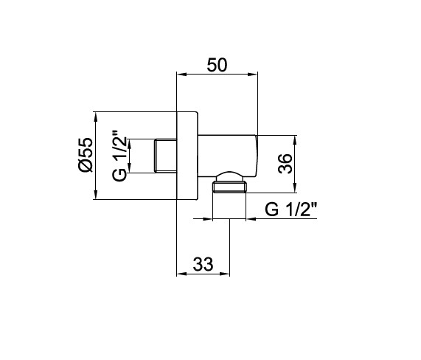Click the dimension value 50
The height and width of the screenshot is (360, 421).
217,65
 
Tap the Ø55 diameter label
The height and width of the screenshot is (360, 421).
86,154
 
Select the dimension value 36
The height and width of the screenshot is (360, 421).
285,164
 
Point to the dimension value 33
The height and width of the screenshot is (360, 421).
203,264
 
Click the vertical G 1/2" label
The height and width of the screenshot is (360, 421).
119,156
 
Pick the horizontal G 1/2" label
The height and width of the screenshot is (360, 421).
291,209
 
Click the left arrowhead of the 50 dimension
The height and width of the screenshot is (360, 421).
181,75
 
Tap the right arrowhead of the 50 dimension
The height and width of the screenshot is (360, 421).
253,75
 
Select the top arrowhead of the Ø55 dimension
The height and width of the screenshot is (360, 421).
96,117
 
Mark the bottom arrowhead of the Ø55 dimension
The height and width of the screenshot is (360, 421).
96,195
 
